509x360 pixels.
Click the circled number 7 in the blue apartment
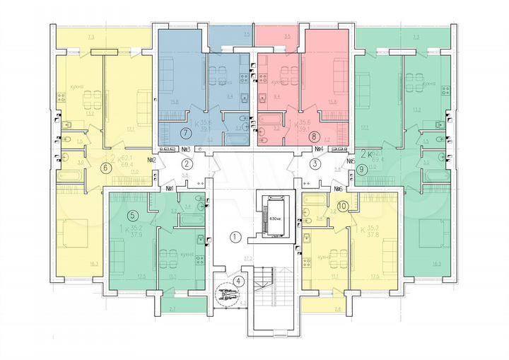(185, 132)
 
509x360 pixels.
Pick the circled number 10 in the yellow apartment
(342, 206)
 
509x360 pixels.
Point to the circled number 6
(106, 168)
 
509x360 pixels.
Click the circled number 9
(362, 169)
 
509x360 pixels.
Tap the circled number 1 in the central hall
(235, 237)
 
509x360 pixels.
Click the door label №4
(318, 149)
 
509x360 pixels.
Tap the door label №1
(170, 188)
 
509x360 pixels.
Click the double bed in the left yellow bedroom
(74, 233)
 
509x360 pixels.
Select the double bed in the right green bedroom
(433, 233)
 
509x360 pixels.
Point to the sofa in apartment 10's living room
(388, 251)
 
